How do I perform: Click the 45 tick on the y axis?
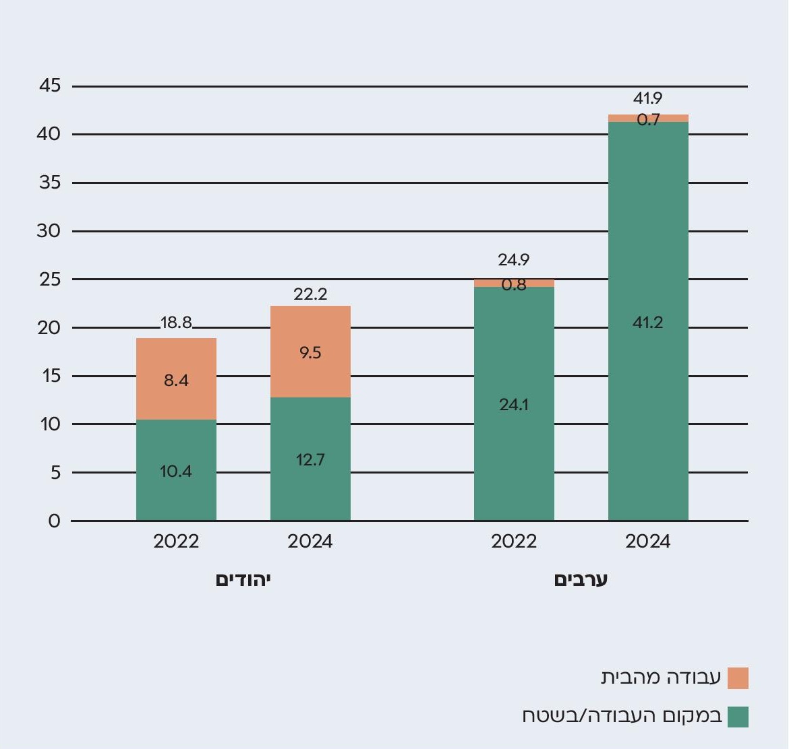(50, 86)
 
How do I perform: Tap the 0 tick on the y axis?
(54, 521)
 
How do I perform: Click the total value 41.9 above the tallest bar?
(648, 98)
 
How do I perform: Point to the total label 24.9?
(514, 259)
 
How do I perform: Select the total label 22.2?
(310, 294)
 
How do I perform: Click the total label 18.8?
(176, 323)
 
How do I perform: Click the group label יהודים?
(243, 580)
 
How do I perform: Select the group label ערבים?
(581, 580)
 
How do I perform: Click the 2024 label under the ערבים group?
(648, 542)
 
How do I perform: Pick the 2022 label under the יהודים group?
(176, 542)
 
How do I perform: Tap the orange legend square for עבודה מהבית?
(738, 678)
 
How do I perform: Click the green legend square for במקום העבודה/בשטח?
(738, 717)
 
